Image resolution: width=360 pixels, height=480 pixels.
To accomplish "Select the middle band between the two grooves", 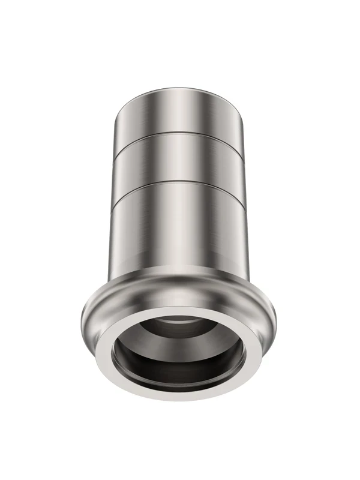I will coord(180,157).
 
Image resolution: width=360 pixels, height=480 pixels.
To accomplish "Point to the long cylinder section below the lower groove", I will coord(180,234).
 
